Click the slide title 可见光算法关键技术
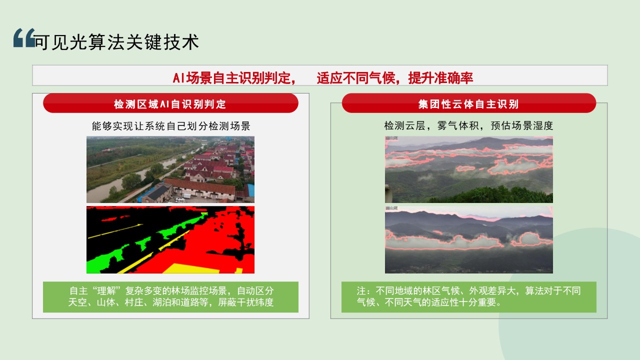(116, 42)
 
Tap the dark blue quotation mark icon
(24, 37)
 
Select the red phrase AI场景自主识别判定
(234, 78)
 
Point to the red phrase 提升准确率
(440, 78)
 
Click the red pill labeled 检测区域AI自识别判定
(170, 103)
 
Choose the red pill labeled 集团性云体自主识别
(469, 103)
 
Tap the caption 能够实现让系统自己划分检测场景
(171, 126)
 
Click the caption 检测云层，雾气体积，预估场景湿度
(468, 125)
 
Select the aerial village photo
(170, 169)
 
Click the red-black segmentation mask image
(170, 239)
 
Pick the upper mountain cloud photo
(469, 169)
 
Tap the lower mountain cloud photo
(469, 239)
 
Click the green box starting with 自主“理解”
(170, 297)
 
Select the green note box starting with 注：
(469, 297)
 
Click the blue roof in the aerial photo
(250, 190)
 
